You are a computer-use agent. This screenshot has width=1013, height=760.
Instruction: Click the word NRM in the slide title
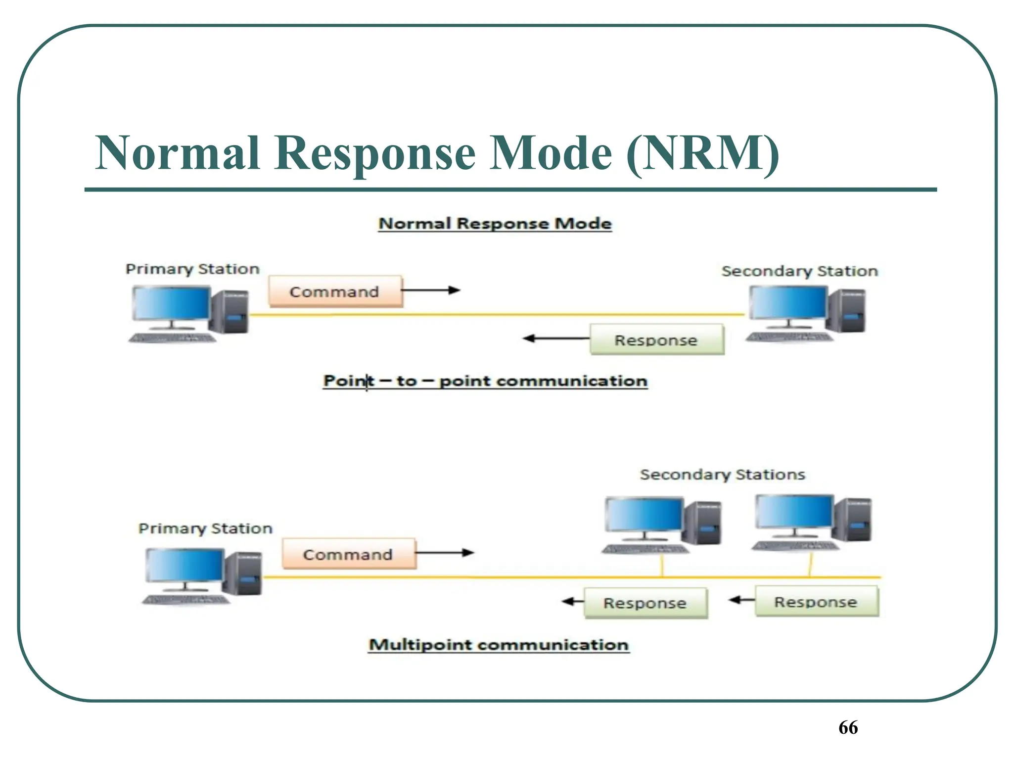(x=702, y=153)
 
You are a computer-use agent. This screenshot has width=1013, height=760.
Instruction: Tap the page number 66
(x=848, y=727)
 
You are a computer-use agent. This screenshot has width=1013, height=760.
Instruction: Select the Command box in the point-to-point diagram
(x=335, y=291)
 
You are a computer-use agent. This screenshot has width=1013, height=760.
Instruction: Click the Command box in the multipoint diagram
(x=348, y=554)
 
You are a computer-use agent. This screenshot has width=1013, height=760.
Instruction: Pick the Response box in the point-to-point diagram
(x=656, y=340)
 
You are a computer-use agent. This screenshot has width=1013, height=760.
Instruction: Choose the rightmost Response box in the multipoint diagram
(x=816, y=602)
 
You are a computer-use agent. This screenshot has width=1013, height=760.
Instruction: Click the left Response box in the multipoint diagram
(x=645, y=603)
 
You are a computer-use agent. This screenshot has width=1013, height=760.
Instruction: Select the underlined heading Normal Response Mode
(x=495, y=224)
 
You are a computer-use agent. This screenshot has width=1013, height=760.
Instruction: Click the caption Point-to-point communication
(x=485, y=381)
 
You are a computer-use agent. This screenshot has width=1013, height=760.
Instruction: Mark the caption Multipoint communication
(x=499, y=645)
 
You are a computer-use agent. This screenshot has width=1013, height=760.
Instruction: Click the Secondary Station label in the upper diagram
(x=799, y=271)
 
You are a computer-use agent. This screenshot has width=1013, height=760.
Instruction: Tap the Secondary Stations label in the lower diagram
(x=722, y=475)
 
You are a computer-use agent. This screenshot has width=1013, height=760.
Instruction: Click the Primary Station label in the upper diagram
(x=192, y=269)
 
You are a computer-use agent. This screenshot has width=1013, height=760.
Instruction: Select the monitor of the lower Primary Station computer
(x=184, y=565)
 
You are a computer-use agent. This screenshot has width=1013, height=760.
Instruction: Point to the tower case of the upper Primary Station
(x=229, y=312)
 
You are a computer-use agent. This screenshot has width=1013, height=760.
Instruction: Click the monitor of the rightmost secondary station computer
(x=794, y=512)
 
